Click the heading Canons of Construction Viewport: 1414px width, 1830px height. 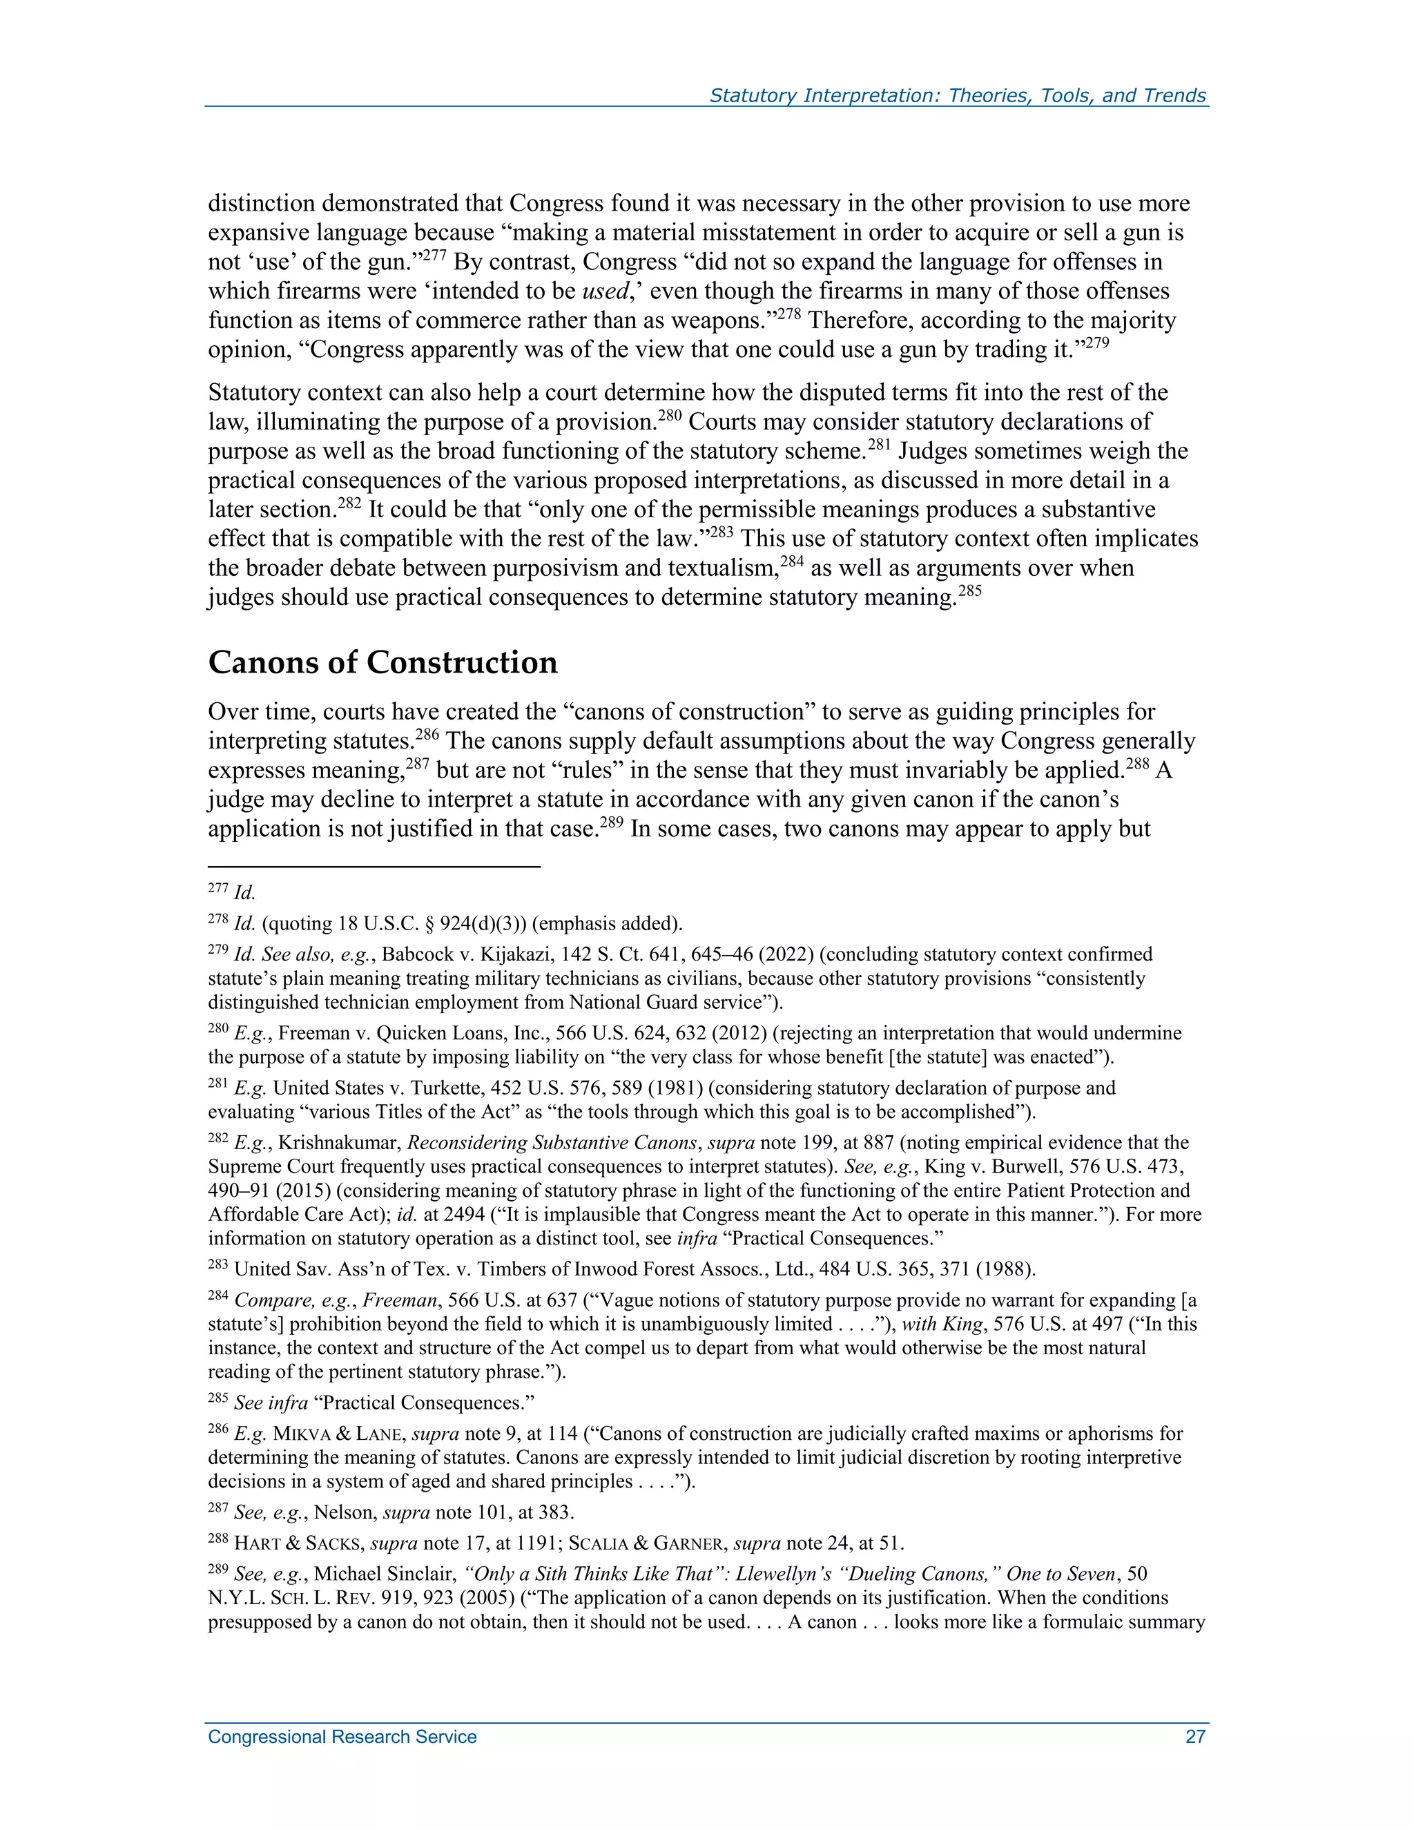point(382,663)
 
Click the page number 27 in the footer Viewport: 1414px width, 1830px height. point(1194,1737)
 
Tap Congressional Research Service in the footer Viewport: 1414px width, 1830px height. point(342,1737)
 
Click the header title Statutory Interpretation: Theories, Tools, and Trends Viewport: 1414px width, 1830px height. point(957,95)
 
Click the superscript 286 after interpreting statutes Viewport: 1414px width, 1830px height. point(427,735)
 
